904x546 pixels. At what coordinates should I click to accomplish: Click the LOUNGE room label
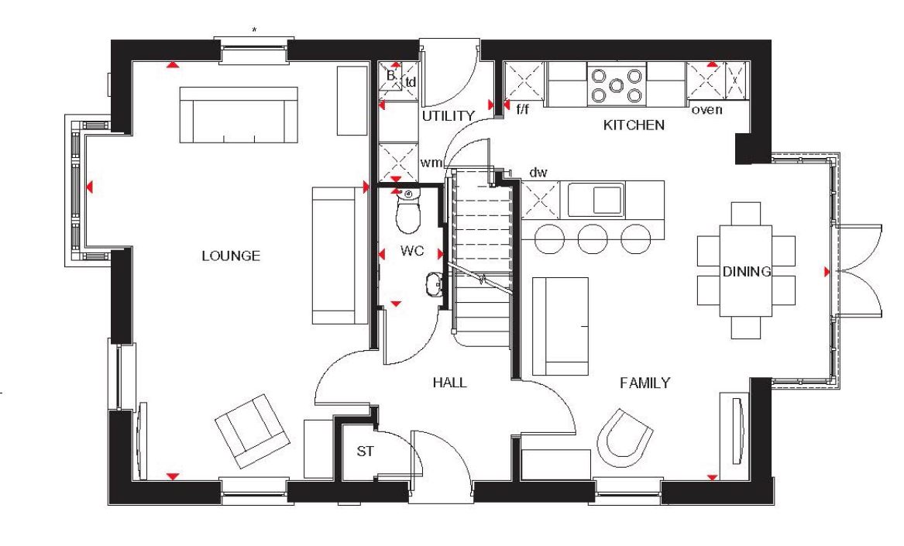(231, 256)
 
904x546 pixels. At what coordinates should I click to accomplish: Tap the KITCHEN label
(634, 125)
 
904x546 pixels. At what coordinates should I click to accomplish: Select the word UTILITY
(448, 116)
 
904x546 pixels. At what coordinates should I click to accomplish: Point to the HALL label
(450, 383)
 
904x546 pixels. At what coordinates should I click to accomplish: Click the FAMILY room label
(644, 383)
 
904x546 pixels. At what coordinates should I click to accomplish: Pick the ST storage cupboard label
(365, 452)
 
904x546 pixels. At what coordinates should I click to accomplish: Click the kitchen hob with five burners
(617, 85)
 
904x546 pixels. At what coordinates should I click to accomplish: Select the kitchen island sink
(596, 200)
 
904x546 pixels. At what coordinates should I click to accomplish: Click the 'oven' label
(706, 109)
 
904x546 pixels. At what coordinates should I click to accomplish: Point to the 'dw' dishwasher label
(538, 173)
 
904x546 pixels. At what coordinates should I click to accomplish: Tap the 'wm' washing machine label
(431, 163)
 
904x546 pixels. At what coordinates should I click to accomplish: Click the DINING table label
(747, 272)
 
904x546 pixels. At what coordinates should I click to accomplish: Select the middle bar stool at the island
(593, 239)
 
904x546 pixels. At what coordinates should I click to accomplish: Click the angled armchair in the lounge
(253, 431)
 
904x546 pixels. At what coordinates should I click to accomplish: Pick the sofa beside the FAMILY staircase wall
(560, 326)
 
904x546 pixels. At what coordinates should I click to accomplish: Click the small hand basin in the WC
(434, 283)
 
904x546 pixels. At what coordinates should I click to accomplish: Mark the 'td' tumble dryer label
(411, 82)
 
